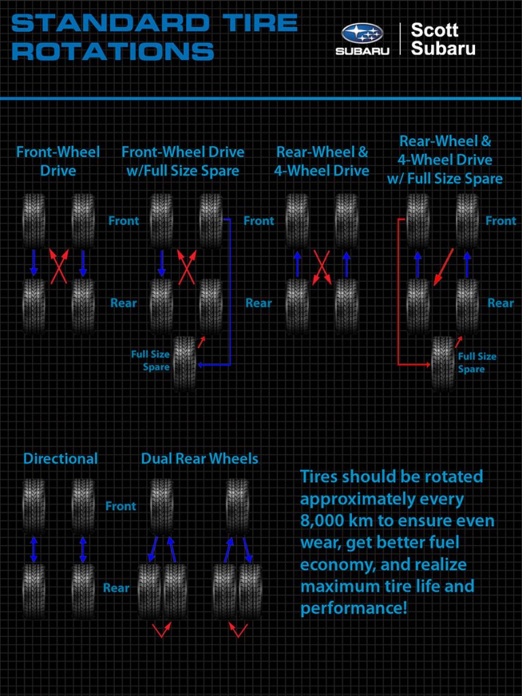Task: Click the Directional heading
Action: tap(60, 459)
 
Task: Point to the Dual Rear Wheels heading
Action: tap(199, 459)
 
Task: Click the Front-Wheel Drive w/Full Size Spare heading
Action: tap(182, 161)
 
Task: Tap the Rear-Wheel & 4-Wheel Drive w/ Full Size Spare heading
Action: tap(445, 160)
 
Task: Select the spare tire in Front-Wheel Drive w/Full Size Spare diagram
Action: tap(184, 364)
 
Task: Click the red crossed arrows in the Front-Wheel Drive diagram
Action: tap(58, 266)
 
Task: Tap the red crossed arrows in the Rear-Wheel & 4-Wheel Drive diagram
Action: tap(321, 266)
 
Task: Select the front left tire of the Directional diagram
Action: tap(34, 506)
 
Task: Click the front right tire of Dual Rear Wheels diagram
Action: tap(237, 506)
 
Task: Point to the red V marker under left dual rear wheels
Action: tap(161, 630)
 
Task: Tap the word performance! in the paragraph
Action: tap(353, 607)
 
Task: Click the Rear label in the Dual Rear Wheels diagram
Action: tap(116, 588)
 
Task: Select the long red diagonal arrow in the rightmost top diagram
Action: tap(443, 267)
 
